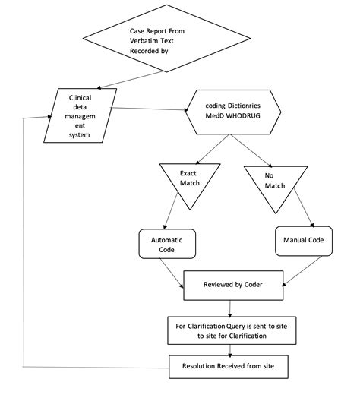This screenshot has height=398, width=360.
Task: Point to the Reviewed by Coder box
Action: pos(233,286)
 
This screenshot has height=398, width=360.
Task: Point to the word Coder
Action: pos(257,286)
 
